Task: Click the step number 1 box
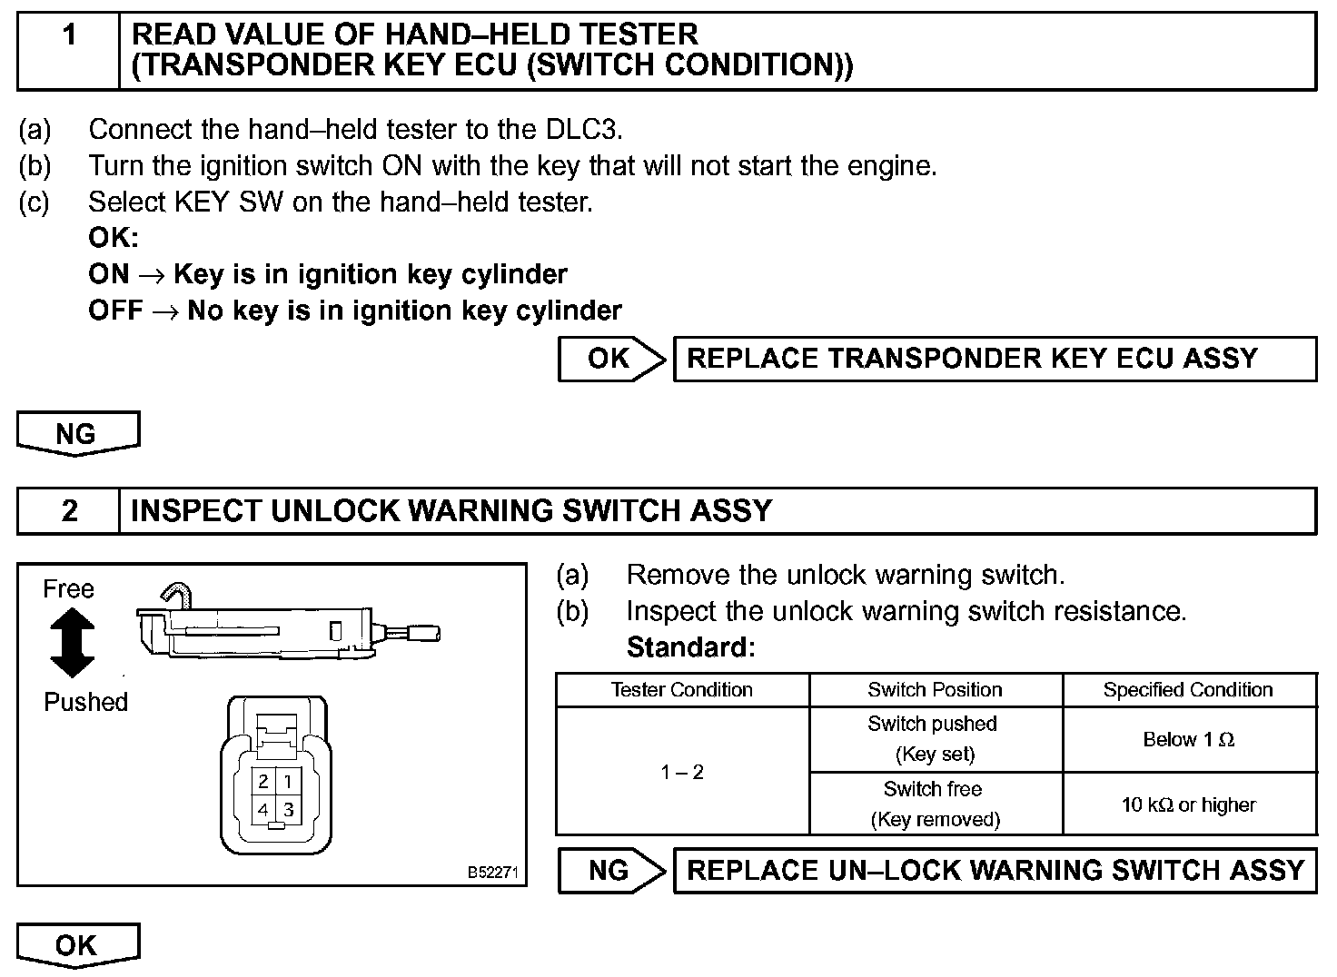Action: pyautogui.click(x=69, y=51)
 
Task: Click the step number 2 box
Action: pyautogui.click(x=69, y=511)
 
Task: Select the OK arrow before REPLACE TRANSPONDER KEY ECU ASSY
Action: pyautogui.click(x=611, y=359)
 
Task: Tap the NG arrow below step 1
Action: pyautogui.click(x=77, y=432)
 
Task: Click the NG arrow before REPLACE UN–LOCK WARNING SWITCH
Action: pyautogui.click(x=611, y=871)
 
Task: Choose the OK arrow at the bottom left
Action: pyautogui.click(x=77, y=944)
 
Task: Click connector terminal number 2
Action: pyautogui.click(x=263, y=781)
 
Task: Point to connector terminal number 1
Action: pyautogui.click(x=288, y=781)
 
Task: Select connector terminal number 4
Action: pyautogui.click(x=263, y=809)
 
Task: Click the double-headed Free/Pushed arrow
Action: pyautogui.click(x=72, y=643)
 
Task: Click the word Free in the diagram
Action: pyautogui.click(x=68, y=589)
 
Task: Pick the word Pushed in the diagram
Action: pyautogui.click(x=85, y=702)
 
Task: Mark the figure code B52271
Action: pyautogui.click(x=492, y=873)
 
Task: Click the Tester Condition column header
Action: pyautogui.click(x=681, y=690)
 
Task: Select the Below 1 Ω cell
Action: pyautogui.click(x=1188, y=740)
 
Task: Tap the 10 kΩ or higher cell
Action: pyautogui.click(x=1188, y=804)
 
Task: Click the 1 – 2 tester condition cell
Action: pyautogui.click(x=681, y=772)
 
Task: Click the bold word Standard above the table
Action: pyautogui.click(x=690, y=647)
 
